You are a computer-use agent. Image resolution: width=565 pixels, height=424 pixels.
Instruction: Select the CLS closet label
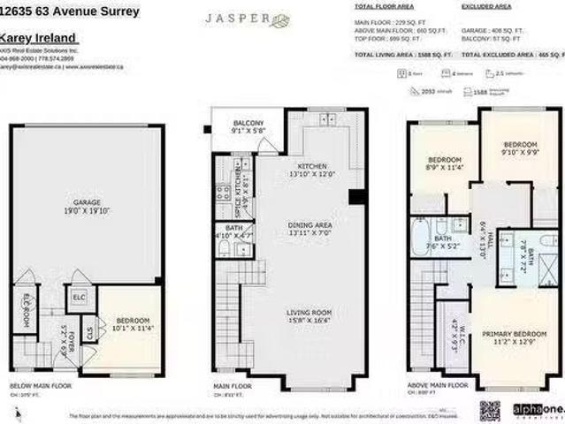(x=89, y=333)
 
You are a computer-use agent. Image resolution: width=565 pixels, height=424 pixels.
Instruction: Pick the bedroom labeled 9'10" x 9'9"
(x=520, y=148)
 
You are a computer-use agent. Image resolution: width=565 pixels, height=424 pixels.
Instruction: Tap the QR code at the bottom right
(x=490, y=409)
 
